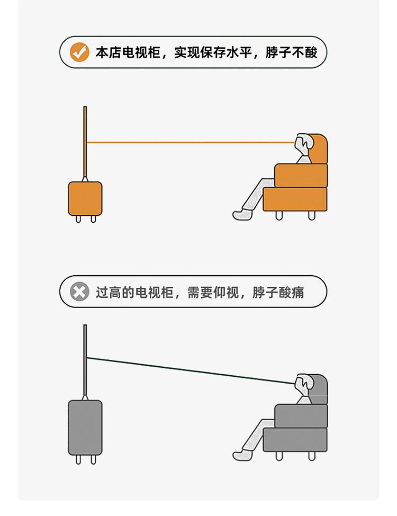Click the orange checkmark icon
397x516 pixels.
click(79, 52)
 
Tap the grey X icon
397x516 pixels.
click(79, 292)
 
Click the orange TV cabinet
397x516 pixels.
click(85, 198)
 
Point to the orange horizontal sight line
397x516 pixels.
click(191, 142)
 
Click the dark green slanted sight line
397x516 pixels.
click(191, 370)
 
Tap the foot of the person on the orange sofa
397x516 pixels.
click(241, 214)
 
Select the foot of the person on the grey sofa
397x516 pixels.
click(241, 455)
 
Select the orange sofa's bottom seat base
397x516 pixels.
click(295, 199)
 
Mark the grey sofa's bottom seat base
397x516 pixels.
click(295, 439)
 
